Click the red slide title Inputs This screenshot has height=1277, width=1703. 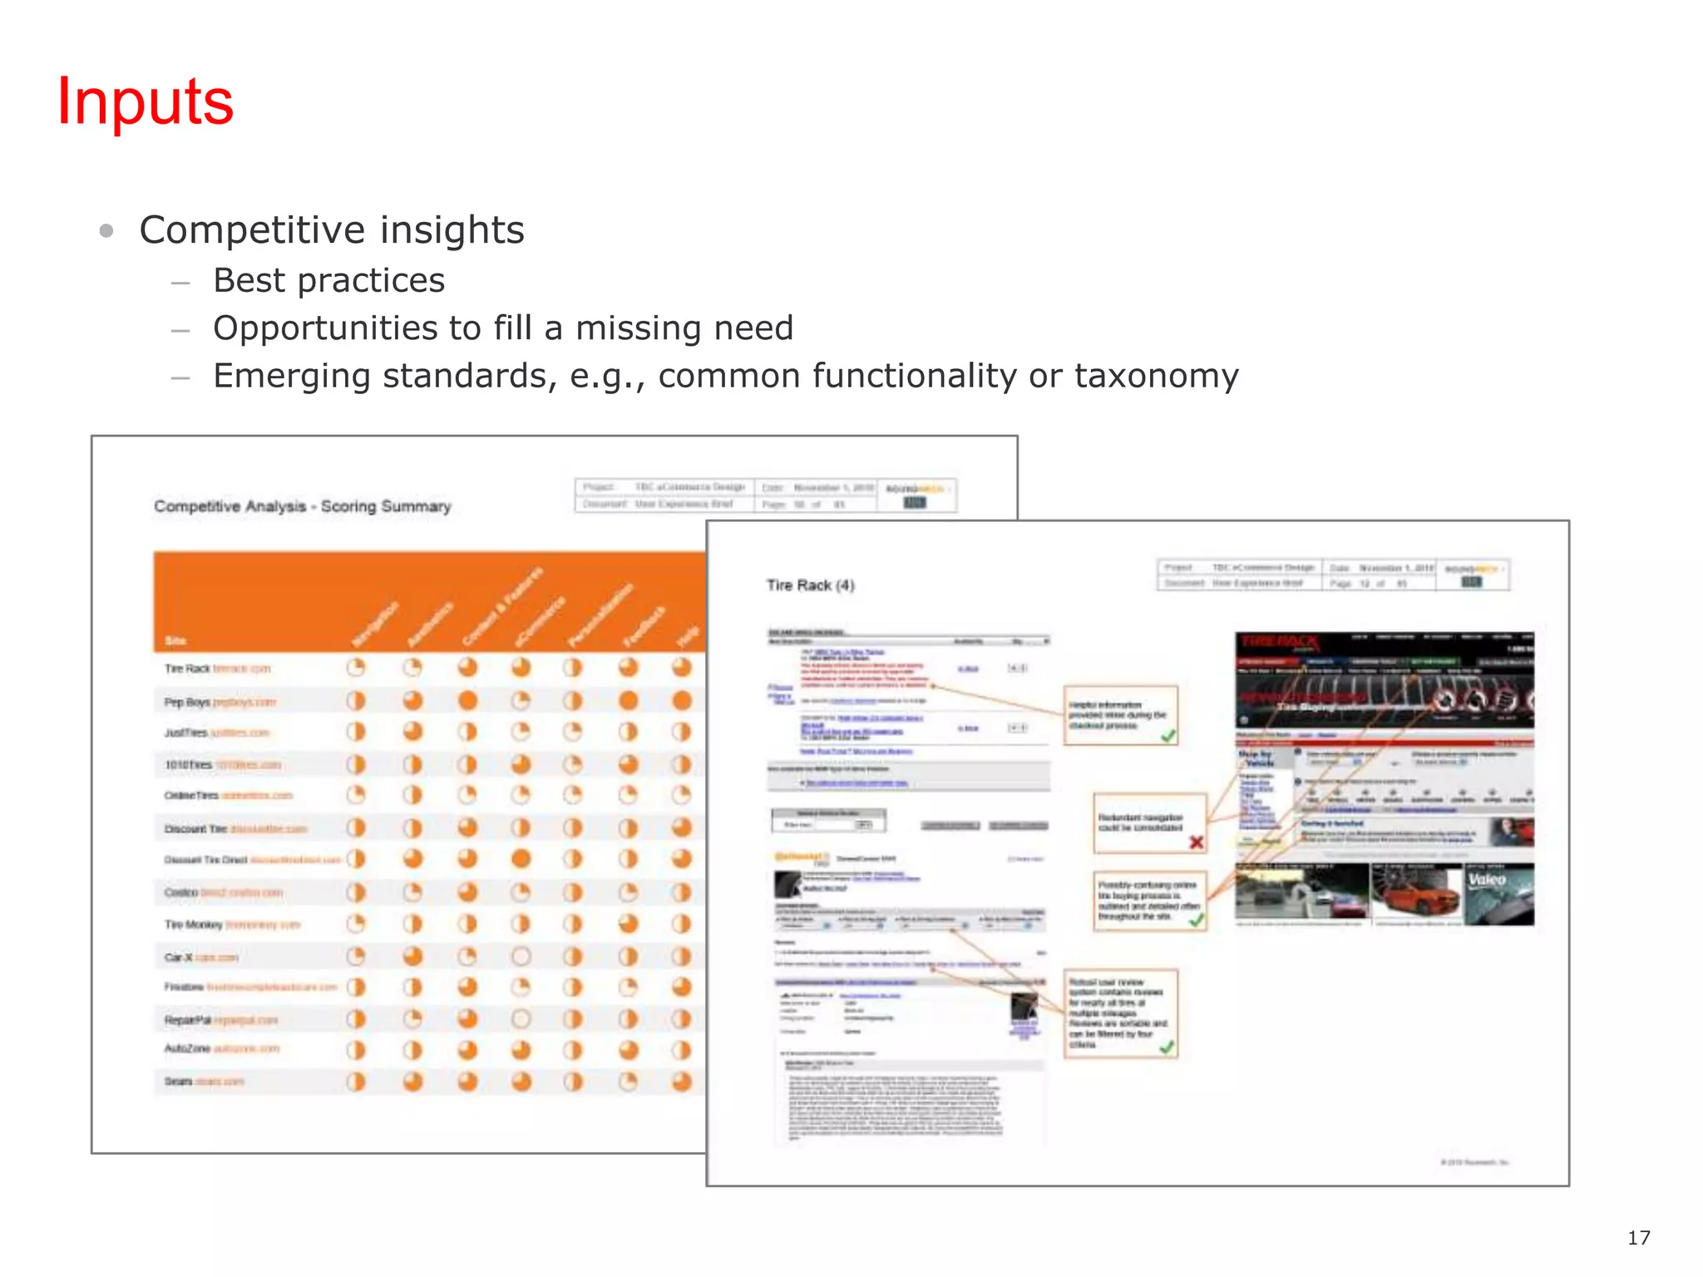point(146,101)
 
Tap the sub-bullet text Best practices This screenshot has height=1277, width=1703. point(328,281)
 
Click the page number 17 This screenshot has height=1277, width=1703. point(1638,1238)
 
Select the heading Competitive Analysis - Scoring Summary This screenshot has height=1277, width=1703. point(302,506)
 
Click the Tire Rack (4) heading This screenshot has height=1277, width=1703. point(810,585)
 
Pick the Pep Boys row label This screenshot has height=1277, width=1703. point(187,702)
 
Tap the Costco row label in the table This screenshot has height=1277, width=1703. point(181,892)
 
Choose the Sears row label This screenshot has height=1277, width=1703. point(179,1082)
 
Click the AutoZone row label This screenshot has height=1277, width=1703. point(188,1049)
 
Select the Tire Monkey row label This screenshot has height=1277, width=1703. point(194,924)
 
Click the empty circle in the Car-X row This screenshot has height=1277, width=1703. point(521,956)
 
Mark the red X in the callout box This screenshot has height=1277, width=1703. point(1196,842)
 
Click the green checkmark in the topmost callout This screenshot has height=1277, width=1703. point(1168,736)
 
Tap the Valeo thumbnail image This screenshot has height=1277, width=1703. point(1498,895)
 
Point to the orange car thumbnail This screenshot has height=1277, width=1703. point(1415,895)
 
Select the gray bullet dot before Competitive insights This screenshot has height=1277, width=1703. point(106,230)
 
